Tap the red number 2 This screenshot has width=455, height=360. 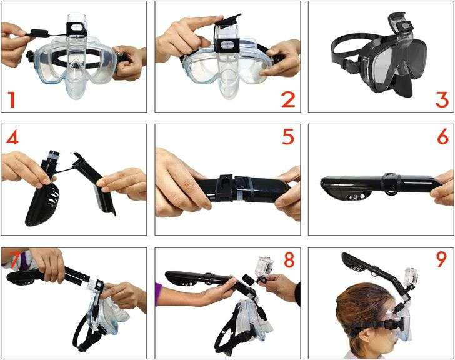pyautogui.click(x=287, y=99)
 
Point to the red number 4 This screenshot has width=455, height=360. pyautogui.click(x=11, y=137)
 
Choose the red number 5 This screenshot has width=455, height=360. pyautogui.click(x=287, y=137)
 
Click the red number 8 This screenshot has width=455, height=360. pyautogui.click(x=287, y=259)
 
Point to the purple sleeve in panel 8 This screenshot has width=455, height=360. pyautogui.click(x=158, y=291)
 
